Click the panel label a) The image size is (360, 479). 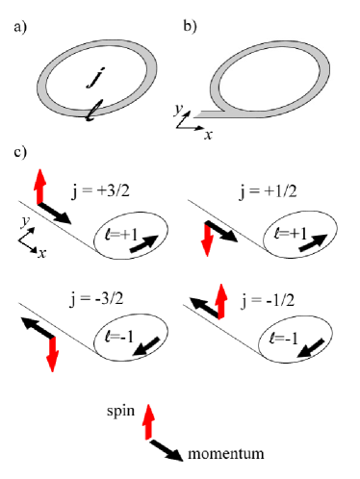pos(18,27)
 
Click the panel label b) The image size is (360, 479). pos(190,27)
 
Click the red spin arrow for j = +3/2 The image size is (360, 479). pos(41,187)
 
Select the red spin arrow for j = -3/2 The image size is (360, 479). pos(52,352)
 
